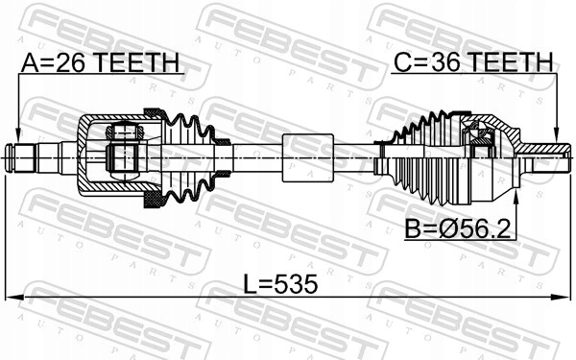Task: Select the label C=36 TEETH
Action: click(x=473, y=63)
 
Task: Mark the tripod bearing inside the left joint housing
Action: click(x=123, y=152)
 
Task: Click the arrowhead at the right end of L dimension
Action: click(x=565, y=296)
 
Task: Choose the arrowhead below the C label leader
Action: click(x=557, y=136)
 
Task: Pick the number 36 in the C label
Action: click(x=444, y=63)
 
